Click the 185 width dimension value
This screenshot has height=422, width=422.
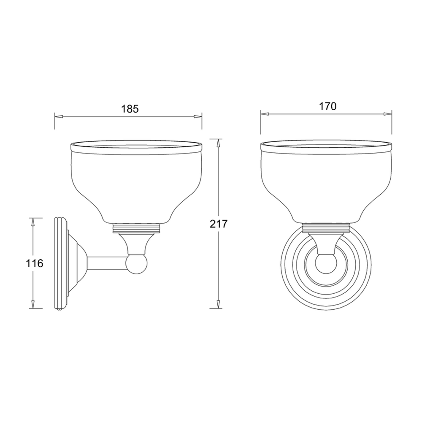(x=130, y=109)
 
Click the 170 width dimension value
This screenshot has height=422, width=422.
(x=327, y=106)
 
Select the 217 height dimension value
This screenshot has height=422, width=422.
(x=219, y=224)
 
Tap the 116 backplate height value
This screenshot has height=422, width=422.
(x=35, y=264)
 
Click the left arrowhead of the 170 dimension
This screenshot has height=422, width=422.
(x=265, y=113)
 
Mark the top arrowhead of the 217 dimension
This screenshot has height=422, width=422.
(x=218, y=143)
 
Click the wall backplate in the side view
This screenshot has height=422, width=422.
(x=62, y=264)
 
